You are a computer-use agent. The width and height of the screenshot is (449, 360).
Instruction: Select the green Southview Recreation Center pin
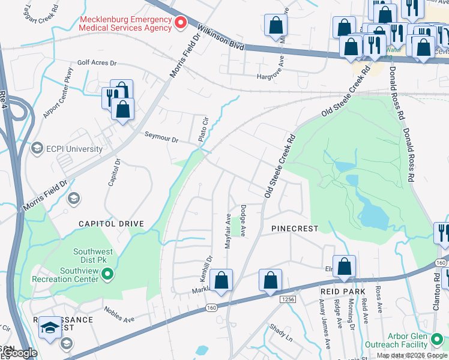pyautogui.click(x=107, y=275)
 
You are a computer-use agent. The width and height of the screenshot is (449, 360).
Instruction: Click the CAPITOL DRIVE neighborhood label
pyautogui.click(x=112, y=224)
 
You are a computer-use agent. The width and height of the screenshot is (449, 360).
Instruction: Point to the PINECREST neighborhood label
pyautogui.click(x=294, y=229)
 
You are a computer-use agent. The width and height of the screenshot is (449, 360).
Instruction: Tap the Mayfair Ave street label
pyautogui.click(x=228, y=232)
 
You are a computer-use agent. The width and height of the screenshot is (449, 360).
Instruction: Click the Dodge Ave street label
pyautogui.click(x=244, y=220)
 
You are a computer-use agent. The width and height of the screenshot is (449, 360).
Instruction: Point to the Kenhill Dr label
pyautogui.click(x=206, y=270)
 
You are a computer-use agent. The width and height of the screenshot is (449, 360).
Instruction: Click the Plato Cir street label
pyautogui.click(x=203, y=130)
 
